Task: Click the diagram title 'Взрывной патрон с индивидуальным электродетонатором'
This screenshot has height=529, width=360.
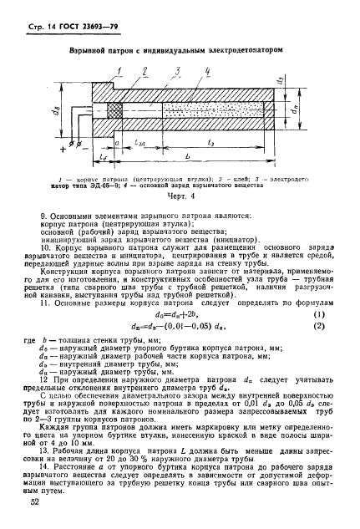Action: [x=179, y=51]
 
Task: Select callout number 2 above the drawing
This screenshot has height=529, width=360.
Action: [x=146, y=70]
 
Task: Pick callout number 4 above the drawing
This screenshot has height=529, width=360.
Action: [x=205, y=70]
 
